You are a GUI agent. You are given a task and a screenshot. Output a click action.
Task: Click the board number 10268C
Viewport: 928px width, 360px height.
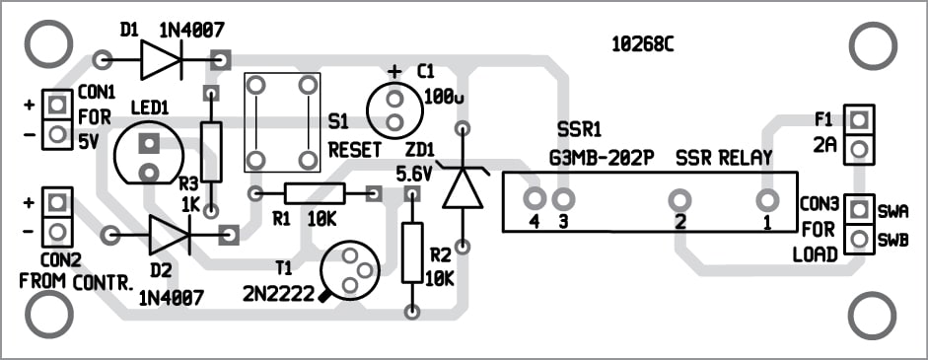643,45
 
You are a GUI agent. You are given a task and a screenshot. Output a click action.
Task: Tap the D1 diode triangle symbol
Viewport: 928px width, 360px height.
159,59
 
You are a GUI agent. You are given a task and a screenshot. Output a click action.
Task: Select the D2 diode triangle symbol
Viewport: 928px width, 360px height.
168,236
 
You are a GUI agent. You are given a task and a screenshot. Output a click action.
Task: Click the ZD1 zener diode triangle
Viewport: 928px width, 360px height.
463,187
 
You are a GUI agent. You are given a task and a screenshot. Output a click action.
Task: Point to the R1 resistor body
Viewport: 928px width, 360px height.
315,193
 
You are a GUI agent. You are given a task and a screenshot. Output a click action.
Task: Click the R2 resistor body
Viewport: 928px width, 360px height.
412,252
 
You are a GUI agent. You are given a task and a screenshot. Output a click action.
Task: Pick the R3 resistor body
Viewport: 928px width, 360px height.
211,152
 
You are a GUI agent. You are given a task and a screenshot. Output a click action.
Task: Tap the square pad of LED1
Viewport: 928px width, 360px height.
148,143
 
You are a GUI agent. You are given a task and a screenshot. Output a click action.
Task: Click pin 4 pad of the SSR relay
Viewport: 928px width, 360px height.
535,199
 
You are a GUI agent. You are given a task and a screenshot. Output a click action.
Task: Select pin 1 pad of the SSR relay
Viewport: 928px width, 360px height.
767,200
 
